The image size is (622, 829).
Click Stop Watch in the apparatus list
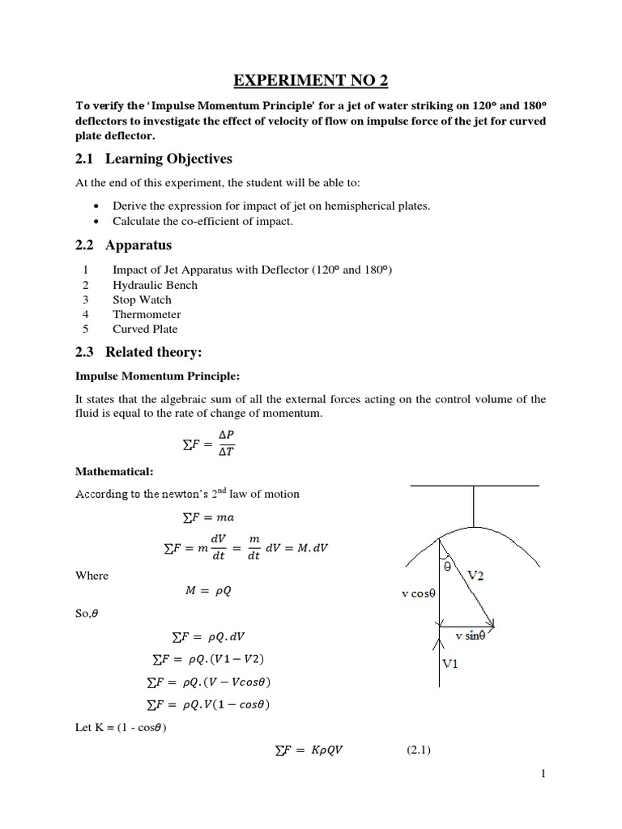(x=143, y=300)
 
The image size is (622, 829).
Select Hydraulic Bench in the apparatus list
(x=155, y=285)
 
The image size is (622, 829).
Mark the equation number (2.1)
(x=420, y=750)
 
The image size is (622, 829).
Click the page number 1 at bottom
(x=544, y=775)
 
